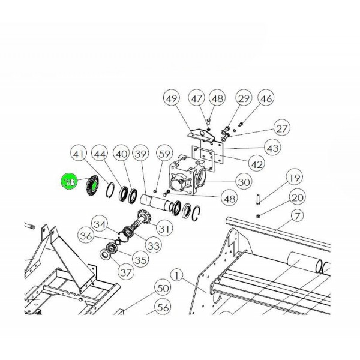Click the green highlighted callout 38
pyautogui.click(x=70, y=182)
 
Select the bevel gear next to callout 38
pyautogui.click(x=92, y=186)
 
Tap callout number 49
pyautogui.click(x=172, y=98)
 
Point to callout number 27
pyautogui.click(x=282, y=128)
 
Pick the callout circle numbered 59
pyautogui.click(x=164, y=154)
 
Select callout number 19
pyautogui.click(x=295, y=177)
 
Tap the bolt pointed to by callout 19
pyautogui.click(x=258, y=199)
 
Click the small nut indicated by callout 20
pyautogui.click(x=258, y=215)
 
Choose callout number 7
pyautogui.click(x=297, y=216)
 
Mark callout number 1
pyautogui.click(x=176, y=275)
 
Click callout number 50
pyautogui.click(x=163, y=288)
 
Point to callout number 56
pyautogui.click(x=163, y=307)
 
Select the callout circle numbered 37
pyautogui.click(x=126, y=272)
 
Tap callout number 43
pyautogui.click(x=273, y=148)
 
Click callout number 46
pyautogui.click(x=266, y=98)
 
